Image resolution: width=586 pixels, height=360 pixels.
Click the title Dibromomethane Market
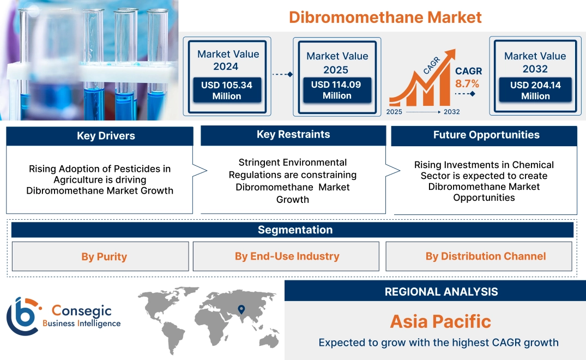coord(385,17)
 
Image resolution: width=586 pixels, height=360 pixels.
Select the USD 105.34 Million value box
coord(226,91)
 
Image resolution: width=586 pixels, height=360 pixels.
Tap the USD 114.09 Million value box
coord(337,90)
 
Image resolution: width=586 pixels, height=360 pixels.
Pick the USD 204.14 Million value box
coord(535,91)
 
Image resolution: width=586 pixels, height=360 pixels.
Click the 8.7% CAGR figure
coord(467,83)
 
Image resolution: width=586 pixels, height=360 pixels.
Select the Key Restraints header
coord(293,135)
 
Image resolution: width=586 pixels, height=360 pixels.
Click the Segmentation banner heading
coord(295,230)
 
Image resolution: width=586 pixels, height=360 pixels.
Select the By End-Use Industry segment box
coord(287,256)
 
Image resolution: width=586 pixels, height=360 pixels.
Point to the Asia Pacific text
coord(440,321)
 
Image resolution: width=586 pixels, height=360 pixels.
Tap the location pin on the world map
coord(240,310)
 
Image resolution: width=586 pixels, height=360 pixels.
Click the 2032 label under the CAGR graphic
coord(451,112)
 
